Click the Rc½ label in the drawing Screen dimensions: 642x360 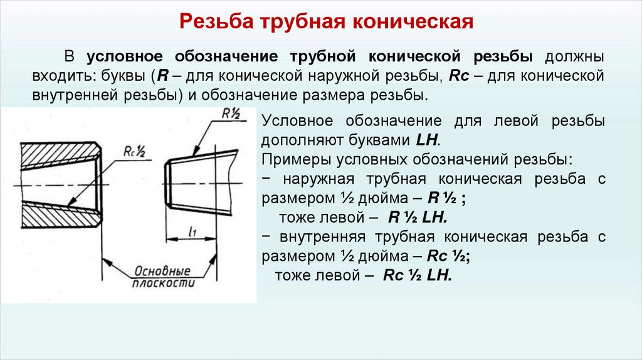(134, 151)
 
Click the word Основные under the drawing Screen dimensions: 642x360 (161, 272)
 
